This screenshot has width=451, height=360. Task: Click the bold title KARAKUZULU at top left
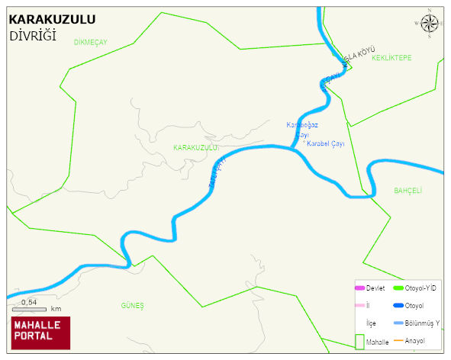tap(52, 20)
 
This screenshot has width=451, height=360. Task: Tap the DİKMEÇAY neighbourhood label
tap(91, 42)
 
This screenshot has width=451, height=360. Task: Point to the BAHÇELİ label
tap(408, 190)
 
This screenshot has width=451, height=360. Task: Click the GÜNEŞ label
tap(132, 305)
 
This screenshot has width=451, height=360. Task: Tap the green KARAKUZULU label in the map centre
tap(195, 147)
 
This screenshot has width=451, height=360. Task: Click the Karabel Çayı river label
tap(326, 143)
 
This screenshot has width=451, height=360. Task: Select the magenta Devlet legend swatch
tap(359, 288)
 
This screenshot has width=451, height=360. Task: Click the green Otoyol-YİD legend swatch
tap(398, 288)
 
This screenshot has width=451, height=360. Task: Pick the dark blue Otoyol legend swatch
tap(398, 305)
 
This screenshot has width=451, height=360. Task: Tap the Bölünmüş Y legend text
tap(422, 323)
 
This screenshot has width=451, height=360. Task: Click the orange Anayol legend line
tap(398, 340)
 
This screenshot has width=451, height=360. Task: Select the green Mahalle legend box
tap(359, 342)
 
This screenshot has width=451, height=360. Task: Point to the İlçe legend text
tap(372, 323)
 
